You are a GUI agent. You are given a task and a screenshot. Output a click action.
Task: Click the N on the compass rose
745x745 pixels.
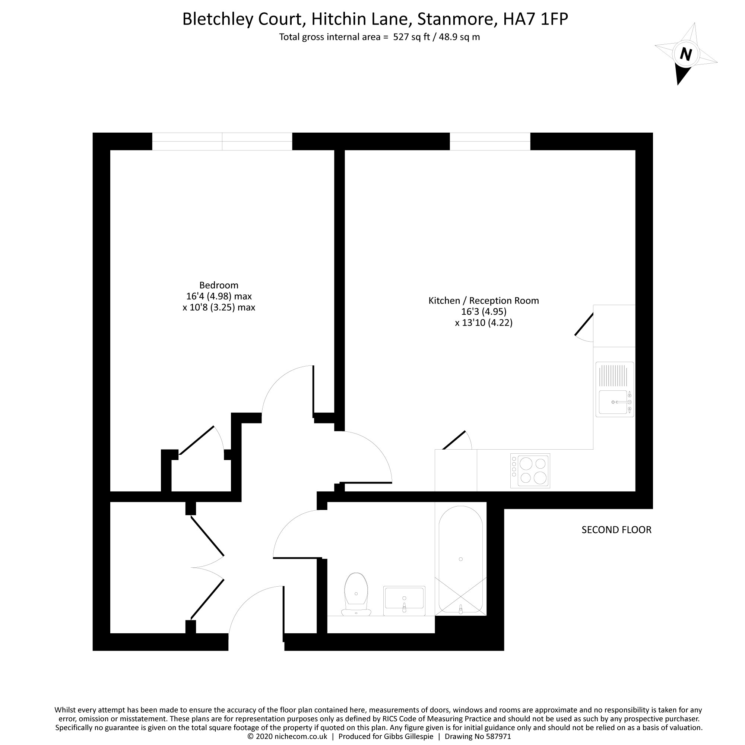(686, 54)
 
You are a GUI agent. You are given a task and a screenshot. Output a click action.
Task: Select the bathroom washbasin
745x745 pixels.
(404, 600)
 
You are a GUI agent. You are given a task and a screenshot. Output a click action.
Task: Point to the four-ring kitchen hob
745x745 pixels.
(530, 470)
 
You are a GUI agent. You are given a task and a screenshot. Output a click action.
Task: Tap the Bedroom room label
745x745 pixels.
(219, 285)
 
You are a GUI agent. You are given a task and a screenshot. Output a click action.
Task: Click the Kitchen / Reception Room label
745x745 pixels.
(484, 300)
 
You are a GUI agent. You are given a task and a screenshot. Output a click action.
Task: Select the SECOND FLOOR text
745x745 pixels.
(616, 530)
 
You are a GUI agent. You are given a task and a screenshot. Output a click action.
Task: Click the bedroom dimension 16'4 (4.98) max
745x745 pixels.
(219, 296)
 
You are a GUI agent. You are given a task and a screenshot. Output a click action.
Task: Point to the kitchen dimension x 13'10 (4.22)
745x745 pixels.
(484, 322)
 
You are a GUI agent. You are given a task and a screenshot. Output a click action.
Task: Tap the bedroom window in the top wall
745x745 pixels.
(222, 141)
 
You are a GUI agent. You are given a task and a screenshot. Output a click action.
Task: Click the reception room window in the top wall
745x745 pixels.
(490, 141)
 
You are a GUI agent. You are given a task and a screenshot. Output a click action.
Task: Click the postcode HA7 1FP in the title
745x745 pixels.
(536, 19)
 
